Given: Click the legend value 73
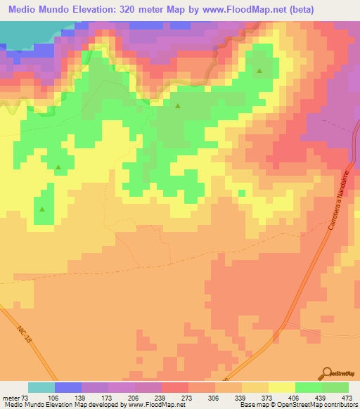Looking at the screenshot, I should coord(25,397).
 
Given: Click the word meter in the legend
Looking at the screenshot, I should coord(11,397).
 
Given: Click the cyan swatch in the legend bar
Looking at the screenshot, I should coord(41,387).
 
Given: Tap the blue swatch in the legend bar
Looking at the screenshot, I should coord(67,387).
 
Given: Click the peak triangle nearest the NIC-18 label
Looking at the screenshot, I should coord(42,209).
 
